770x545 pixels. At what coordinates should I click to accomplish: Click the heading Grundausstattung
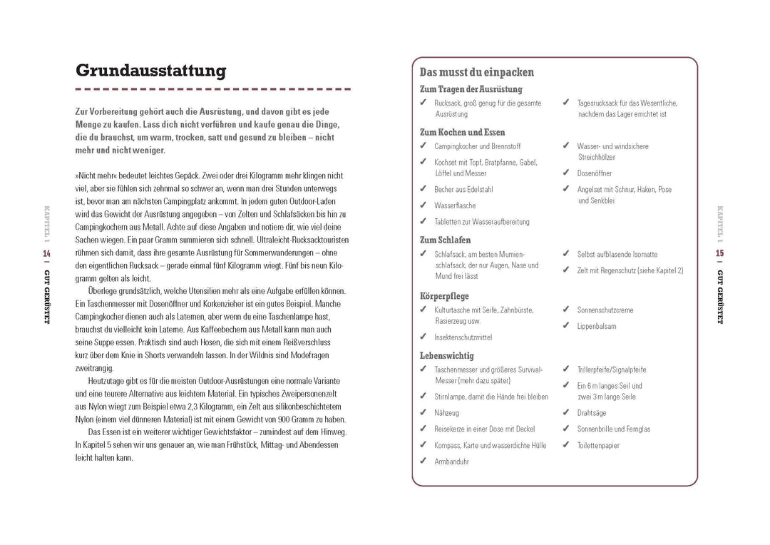tap(150, 71)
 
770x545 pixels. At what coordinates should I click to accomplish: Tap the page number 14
tap(46, 253)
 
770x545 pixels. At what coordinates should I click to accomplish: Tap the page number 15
tap(719, 253)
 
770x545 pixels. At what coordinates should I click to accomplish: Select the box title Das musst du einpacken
tap(476, 72)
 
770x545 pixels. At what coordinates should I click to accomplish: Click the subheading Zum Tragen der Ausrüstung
tap(471, 89)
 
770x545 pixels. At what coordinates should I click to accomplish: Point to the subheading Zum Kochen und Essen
tap(462, 132)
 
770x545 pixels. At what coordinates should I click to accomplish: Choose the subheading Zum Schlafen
tap(445, 240)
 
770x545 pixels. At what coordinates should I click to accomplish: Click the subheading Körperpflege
tap(444, 295)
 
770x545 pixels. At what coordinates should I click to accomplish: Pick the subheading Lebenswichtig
tap(446, 355)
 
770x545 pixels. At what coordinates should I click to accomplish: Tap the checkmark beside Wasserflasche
tap(423, 205)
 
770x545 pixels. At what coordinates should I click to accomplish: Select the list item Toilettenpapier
tap(598, 445)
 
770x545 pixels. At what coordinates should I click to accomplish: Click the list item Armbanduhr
tap(451, 462)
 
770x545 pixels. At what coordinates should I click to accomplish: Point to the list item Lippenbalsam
tap(597, 326)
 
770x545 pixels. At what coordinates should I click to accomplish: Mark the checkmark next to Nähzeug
tap(423, 412)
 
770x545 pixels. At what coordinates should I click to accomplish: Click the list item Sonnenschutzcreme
tap(605, 310)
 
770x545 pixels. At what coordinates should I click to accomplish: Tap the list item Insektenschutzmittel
tap(463, 337)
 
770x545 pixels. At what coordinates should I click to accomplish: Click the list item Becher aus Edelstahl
tap(463, 190)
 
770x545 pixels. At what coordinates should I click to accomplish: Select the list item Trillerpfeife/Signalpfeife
tap(612, 370)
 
